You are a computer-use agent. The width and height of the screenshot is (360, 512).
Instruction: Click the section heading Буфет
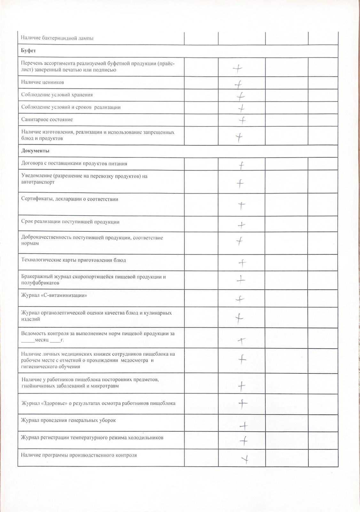(x=28, y=51)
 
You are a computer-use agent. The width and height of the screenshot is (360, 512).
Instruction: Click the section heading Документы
(x=35, y=151)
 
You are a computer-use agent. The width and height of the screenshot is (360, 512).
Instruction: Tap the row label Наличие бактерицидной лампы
(x=57, y=38)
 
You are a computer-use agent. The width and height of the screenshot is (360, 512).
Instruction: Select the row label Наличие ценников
(x=43, y=82)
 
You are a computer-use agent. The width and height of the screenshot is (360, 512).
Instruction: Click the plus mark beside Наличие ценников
(x=238, y=84)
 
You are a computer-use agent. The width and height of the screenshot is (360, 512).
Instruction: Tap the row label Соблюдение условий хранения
(x=57, y=95)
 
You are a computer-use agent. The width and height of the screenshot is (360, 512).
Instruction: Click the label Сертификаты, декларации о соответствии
(x=70, y=199)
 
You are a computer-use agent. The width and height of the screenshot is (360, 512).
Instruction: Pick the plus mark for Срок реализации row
(x=241, y=225)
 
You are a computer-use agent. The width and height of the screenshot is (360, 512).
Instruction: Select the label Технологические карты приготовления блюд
(x=74, y=260)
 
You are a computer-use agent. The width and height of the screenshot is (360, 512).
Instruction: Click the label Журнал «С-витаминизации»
(x=54, y=295)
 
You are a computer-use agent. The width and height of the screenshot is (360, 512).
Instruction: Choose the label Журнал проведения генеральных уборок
(x=68, y=420)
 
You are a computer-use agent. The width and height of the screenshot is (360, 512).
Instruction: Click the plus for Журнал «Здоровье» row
(x=243, y=404)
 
